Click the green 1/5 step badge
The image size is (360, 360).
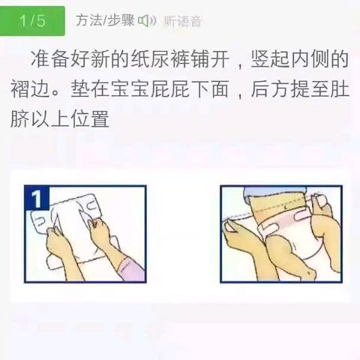click(x=32, y=21)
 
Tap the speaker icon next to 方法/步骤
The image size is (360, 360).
click(x=147, y=20)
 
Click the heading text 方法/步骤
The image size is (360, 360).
click(x=105, y=20)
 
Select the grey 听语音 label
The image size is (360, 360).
click(x=182, y=21)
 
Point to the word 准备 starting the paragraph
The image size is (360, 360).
click(x=49, y=59)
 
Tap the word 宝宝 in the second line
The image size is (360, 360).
click(x=130, y=89)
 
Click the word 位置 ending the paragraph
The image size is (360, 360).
click(x=90, y=118)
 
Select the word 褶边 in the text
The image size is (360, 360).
click(x=30, y=89)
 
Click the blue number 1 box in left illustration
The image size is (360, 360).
click(x=37, y=198)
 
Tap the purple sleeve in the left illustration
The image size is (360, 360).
click(x=132, y=269)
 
